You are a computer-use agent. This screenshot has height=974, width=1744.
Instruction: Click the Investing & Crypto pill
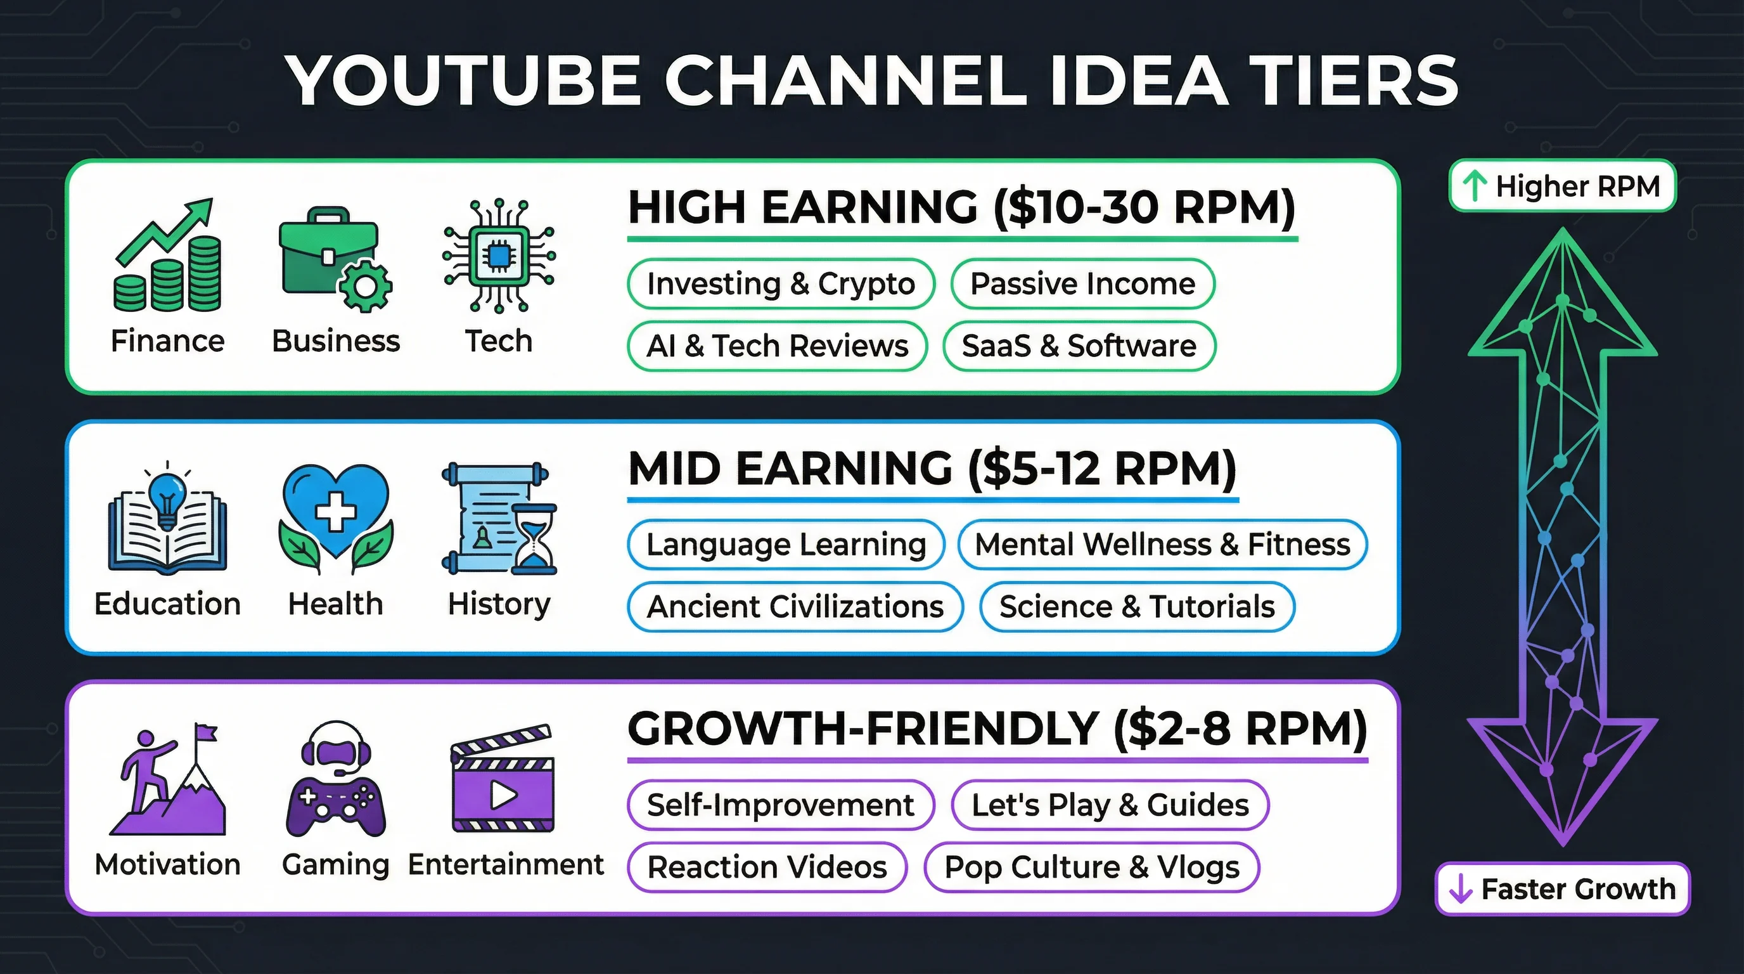(781, 284)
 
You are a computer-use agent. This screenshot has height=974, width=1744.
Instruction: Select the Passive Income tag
(1082, 284)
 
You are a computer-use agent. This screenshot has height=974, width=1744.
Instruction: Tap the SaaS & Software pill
(1079, 346)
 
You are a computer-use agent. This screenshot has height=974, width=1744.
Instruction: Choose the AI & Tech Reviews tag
(776, 346)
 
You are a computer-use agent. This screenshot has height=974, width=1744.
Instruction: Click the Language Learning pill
(785, 545)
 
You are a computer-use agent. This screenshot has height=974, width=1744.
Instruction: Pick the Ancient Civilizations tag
(795, 607)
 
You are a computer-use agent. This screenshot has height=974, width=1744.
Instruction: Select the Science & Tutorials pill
(1137, 607)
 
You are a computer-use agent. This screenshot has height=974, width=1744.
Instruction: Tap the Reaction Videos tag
(766, 867)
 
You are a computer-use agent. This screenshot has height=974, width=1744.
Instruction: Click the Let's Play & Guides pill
(1110, 805)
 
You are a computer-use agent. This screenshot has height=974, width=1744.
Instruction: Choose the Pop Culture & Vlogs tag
(1091, 867)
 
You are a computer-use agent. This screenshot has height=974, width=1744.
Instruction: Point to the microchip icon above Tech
(499, 256)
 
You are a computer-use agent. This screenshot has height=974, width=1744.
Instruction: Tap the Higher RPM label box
(1562, 186)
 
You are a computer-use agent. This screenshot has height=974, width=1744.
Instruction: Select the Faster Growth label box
(1562, 889)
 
